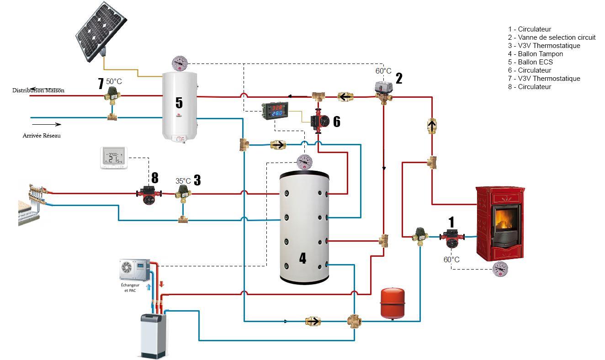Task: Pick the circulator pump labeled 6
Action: coord(320,122)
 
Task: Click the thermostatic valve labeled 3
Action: coord(183,194)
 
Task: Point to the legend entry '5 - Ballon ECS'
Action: coord(530,62)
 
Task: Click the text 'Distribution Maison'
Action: coord(38,90)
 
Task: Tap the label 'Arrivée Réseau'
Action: coord(42,136)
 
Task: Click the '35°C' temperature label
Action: coord(183,180)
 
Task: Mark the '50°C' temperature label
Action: coord(114,81)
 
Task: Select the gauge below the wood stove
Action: coord(501,270)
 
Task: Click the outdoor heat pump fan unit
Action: coord(134,270)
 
